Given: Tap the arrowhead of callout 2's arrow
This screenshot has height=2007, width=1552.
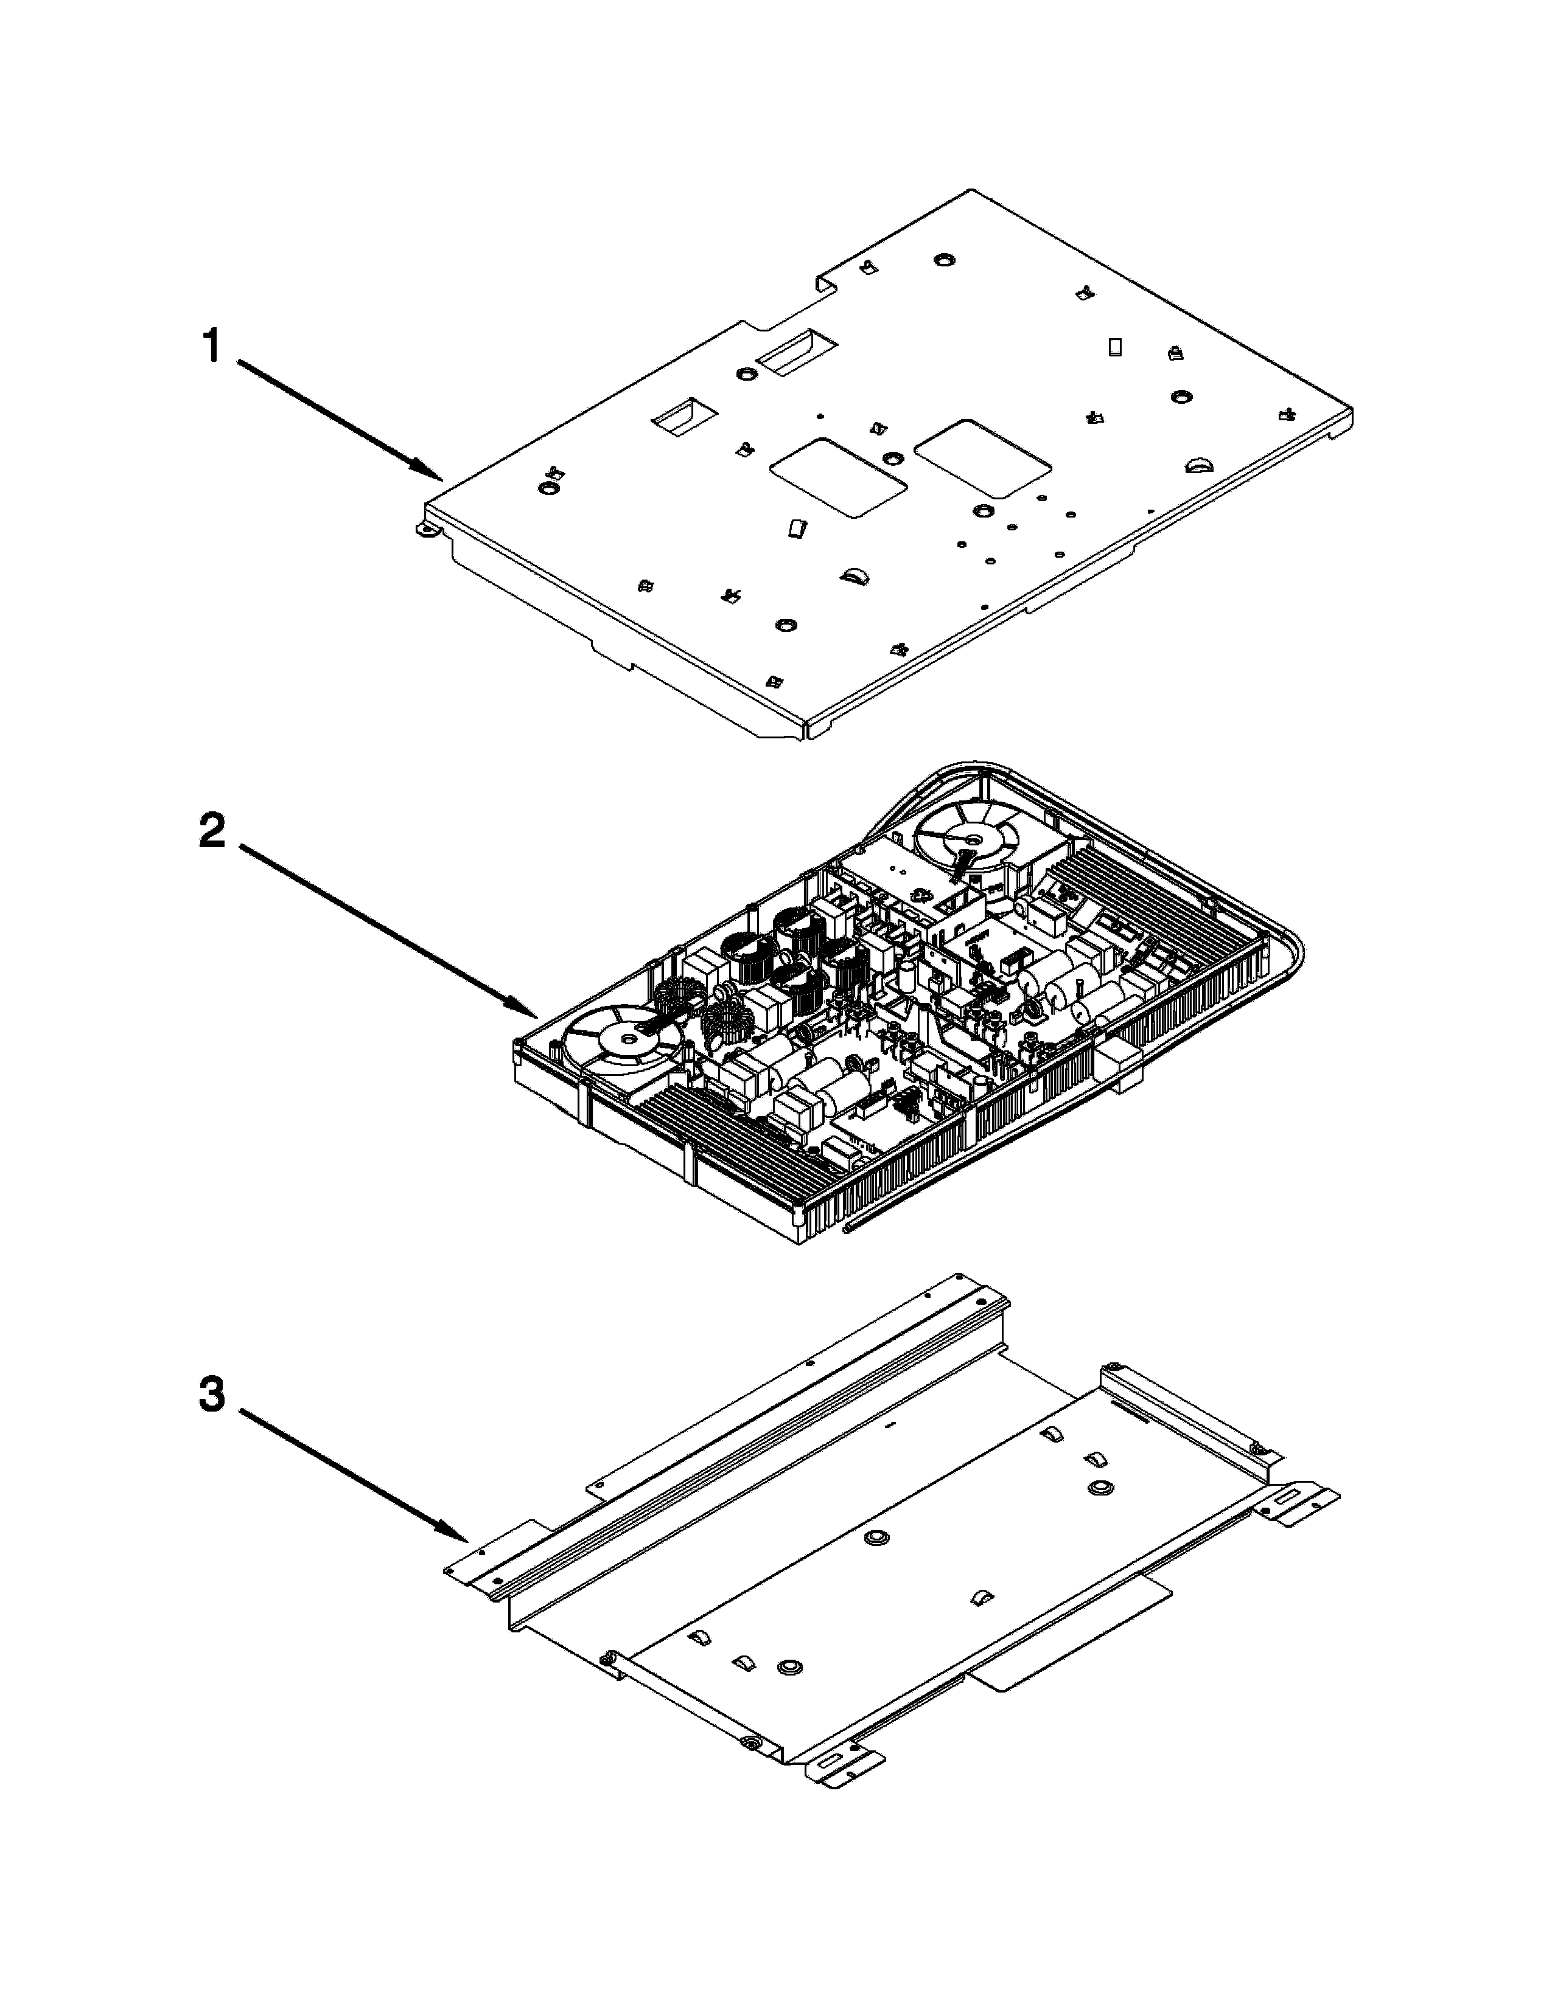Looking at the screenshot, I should coord(533,1016).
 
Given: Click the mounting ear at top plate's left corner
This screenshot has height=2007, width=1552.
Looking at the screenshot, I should coord(425,530).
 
